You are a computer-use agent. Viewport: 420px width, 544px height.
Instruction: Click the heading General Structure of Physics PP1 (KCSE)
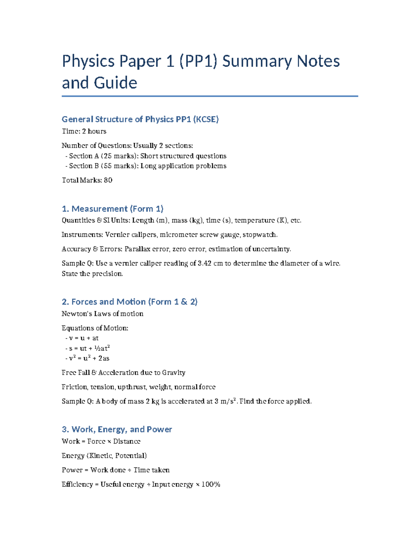coord(140,119)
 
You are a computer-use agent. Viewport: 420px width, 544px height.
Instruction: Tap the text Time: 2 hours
coord(84,131)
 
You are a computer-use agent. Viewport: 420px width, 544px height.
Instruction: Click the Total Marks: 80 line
coord(87,180)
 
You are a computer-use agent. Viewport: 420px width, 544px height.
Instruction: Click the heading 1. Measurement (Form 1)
coord(112,209)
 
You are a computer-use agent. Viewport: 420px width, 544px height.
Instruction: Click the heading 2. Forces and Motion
coord(129,302)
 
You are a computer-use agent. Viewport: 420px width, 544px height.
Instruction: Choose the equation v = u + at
coord(84,338)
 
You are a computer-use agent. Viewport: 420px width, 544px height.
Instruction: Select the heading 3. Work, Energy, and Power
coord(117,429)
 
